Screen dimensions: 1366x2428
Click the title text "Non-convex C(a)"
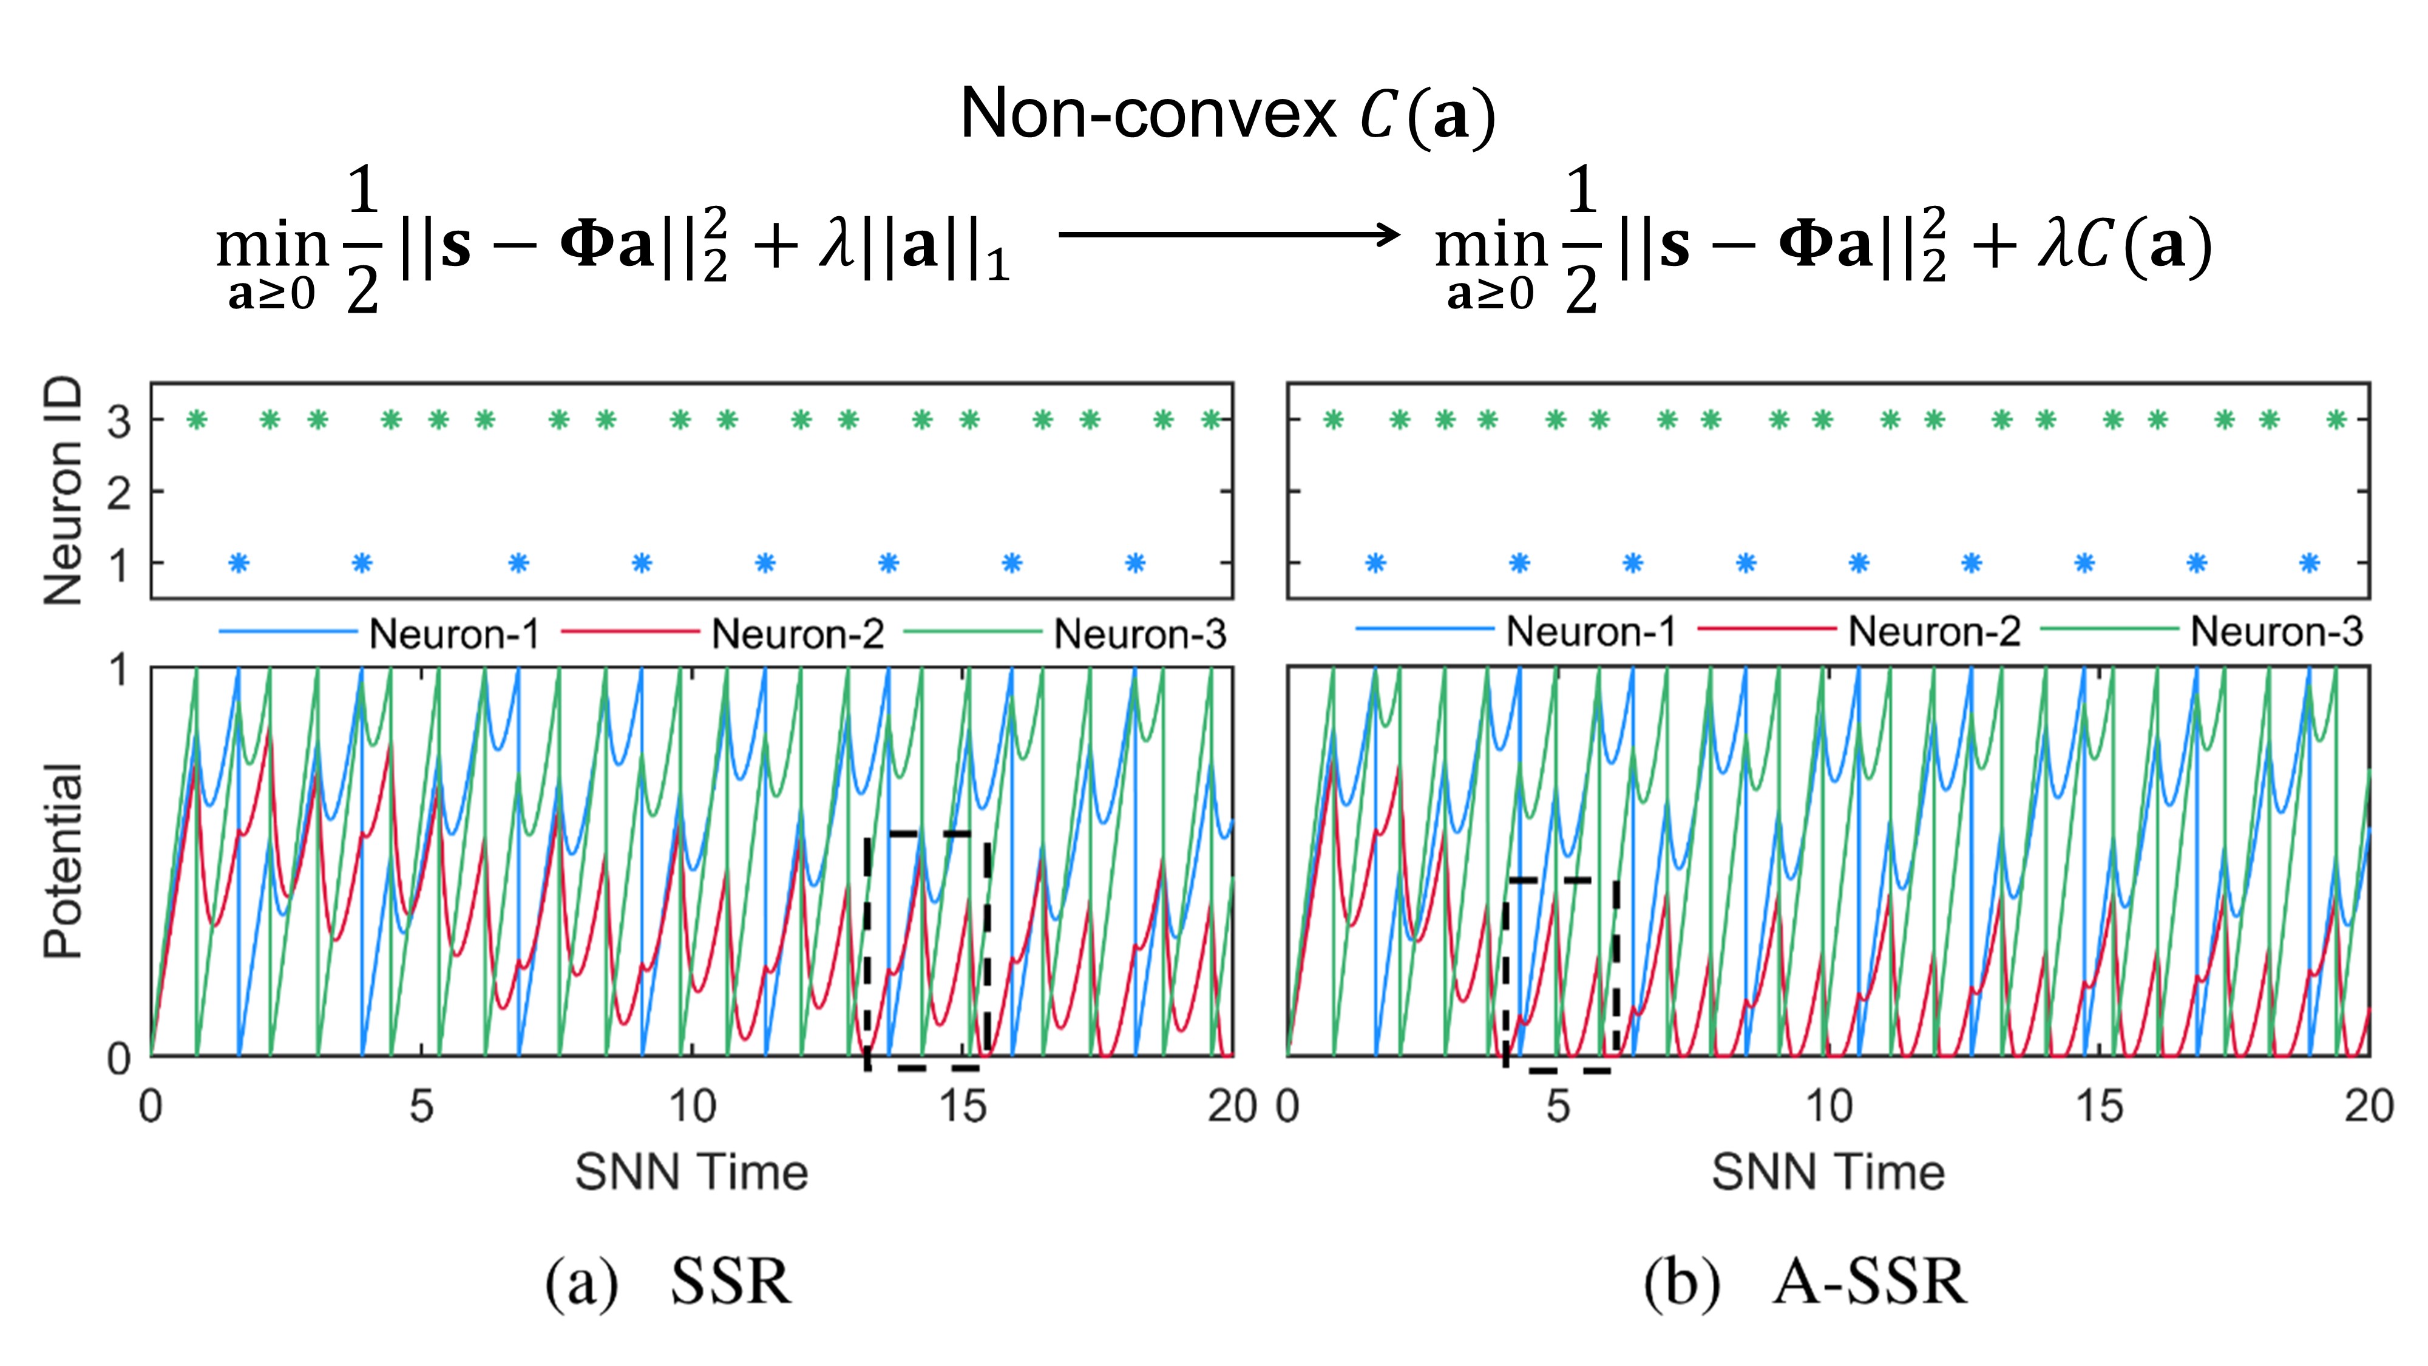click(1227, 115)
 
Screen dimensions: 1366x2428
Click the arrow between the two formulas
click(1229, 234)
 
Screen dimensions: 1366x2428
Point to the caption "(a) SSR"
click(667, 1282)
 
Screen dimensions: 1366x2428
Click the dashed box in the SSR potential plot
click(926, 950)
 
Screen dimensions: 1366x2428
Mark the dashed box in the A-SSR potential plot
click(1561, 974)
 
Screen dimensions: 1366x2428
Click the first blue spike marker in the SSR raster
click(239, 563)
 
